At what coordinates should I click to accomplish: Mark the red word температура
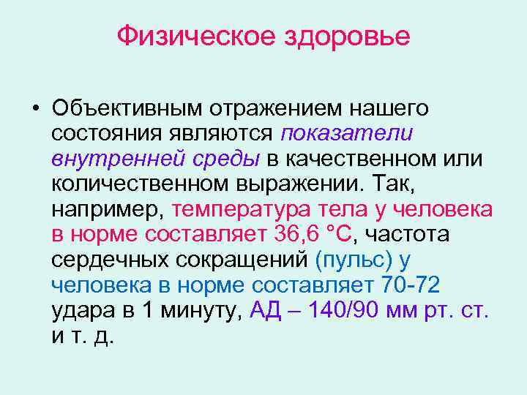pyautogui.click(x=242, y=210)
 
